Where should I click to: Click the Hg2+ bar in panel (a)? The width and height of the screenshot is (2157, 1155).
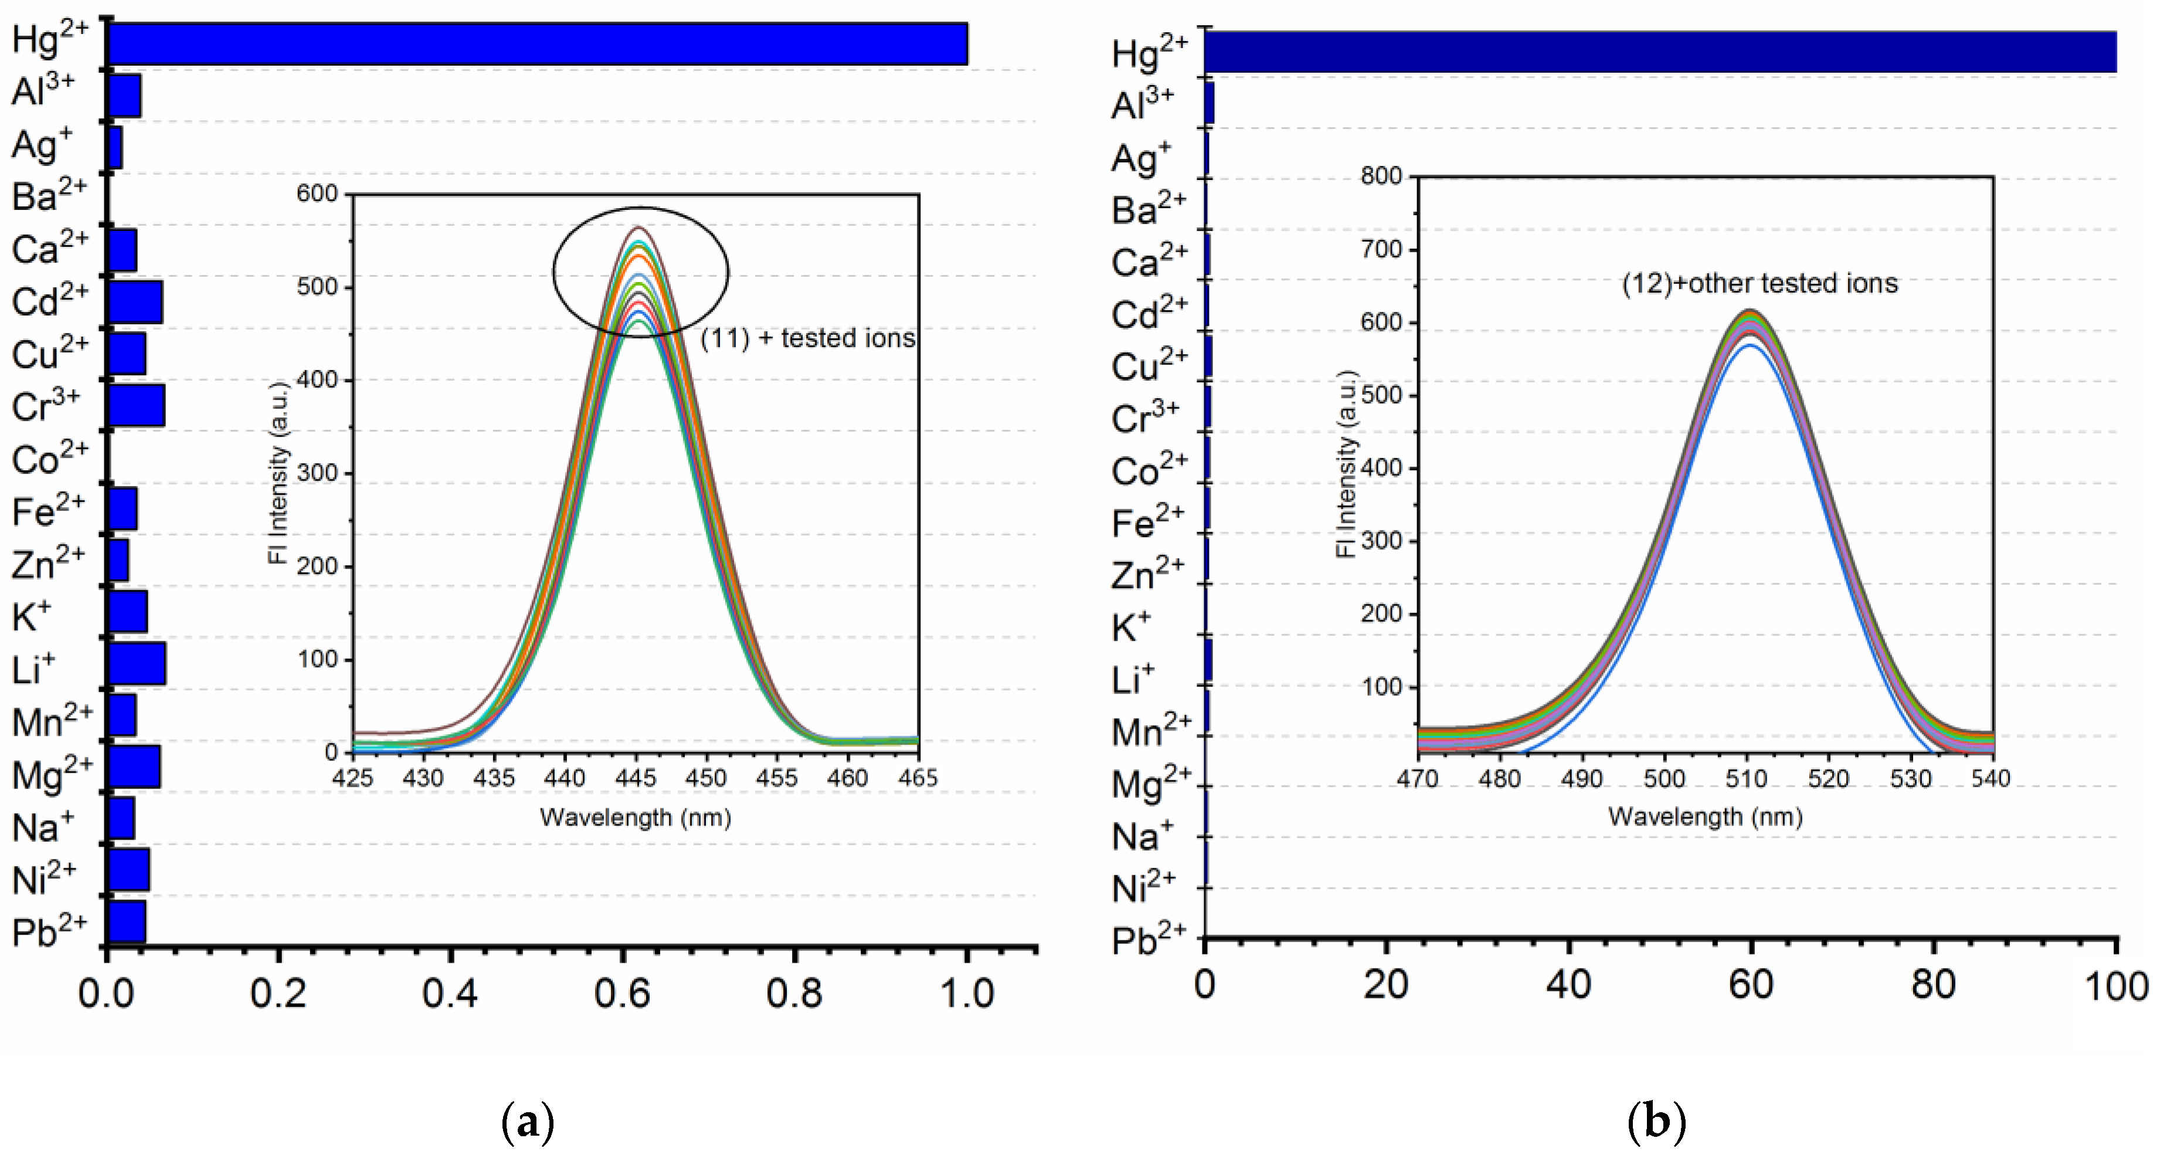pos(536,43)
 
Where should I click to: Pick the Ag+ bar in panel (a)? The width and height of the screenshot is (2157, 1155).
pos(116,147)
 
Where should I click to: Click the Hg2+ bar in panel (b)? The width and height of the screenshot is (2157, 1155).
pos(1658,52)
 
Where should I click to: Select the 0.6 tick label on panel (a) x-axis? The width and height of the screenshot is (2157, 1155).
pos(621,993)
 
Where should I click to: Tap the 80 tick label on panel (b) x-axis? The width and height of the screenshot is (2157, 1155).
pos(1932,985)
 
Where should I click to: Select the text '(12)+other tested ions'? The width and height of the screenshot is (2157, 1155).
pos(1759,283)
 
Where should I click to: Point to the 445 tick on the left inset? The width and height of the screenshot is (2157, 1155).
pos(636,778)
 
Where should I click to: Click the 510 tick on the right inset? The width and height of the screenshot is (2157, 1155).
pos(1746,779)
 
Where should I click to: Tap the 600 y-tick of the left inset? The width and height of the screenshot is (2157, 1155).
pos(317,193)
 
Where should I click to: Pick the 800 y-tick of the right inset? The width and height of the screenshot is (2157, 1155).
pos(1381,176)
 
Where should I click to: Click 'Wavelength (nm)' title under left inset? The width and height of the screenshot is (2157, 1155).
pos(636,817)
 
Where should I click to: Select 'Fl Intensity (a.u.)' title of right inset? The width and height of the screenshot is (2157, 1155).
pos(1346,465)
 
